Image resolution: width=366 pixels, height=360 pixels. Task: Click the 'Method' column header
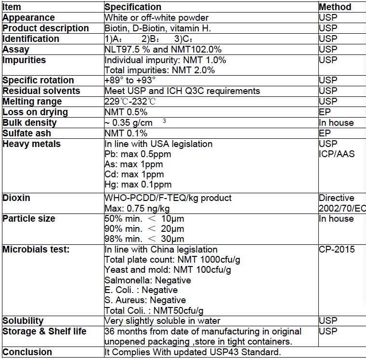335,7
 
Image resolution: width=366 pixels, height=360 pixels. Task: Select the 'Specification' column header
133,7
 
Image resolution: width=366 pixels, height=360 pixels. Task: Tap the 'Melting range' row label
32,102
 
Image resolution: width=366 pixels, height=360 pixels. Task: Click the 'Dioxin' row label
16,198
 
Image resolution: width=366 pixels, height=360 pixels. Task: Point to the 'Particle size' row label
29,219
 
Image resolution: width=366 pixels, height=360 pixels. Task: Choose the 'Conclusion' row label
27,352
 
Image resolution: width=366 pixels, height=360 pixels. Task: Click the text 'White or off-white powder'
157,18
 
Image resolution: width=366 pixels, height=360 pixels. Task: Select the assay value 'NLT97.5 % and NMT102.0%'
163,50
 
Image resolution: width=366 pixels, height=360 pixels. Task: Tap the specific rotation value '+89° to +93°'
130,80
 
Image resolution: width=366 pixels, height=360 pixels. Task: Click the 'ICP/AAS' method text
337,154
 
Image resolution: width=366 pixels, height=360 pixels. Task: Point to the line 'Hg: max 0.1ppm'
138,185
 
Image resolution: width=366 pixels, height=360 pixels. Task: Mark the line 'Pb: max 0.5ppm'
138,154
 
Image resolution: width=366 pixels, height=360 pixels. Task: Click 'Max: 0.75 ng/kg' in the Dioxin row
137,208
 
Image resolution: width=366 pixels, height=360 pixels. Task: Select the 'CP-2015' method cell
337,250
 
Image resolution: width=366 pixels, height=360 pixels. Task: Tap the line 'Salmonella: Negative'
148,280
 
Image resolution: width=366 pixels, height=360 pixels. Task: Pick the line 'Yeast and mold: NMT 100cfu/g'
168,270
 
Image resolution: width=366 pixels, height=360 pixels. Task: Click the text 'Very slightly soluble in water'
162,321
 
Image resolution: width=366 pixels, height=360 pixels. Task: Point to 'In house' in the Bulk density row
336,123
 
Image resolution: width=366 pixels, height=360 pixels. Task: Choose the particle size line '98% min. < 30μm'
144,239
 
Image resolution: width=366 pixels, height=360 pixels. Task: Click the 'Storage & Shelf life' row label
45,332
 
